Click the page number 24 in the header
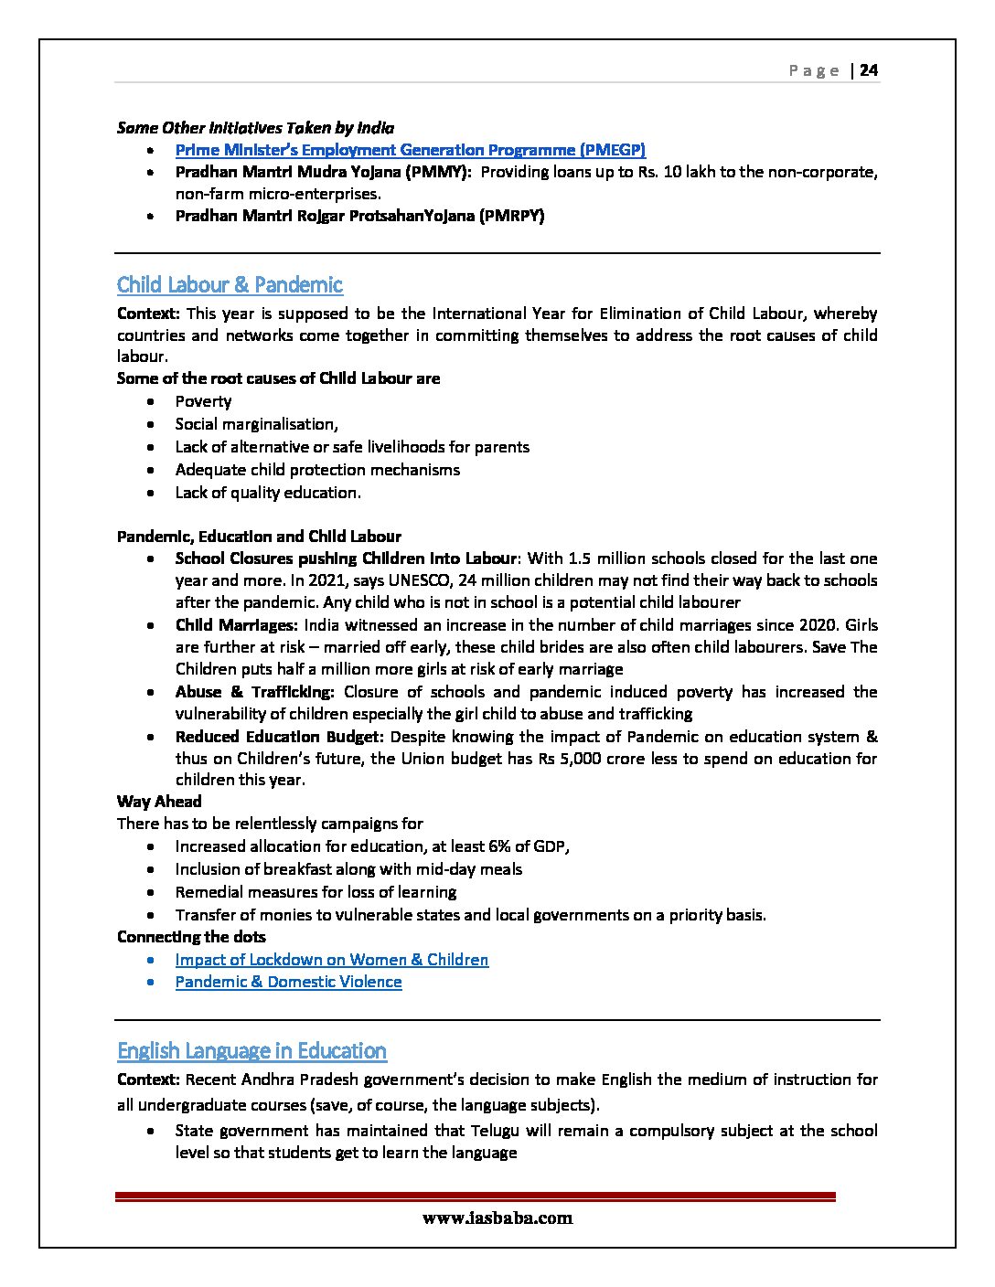(869, 70)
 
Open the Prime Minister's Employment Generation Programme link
(411, 150)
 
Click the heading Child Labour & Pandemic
(230, 285)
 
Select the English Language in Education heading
(251, 1051)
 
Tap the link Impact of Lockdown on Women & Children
(332, 960)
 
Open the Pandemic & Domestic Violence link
(288, 982)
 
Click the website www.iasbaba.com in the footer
(497, 1218)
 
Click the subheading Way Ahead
(159, 802)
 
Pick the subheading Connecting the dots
(191, 937)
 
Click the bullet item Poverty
(203, 401)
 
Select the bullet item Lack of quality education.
(268, 493)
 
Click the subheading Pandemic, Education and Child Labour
(259, 537)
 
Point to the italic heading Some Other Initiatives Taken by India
(255, 128)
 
